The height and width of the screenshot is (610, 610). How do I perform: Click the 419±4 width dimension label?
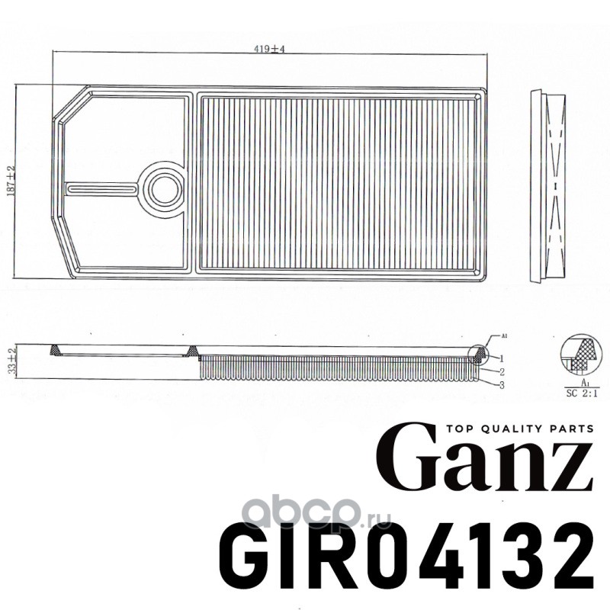[270, 49]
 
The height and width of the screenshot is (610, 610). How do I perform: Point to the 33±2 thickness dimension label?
[13, 361]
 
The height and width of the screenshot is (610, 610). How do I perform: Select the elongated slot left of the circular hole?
[102, 188]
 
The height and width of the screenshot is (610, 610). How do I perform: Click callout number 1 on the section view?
[502, 358]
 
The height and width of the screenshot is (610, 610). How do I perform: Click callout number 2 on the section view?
[502, 372]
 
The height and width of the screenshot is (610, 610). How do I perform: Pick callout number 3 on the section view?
[502, 385]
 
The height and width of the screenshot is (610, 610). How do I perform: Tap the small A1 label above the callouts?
[506, 335]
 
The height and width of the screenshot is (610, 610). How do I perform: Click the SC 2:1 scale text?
[583, 393]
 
